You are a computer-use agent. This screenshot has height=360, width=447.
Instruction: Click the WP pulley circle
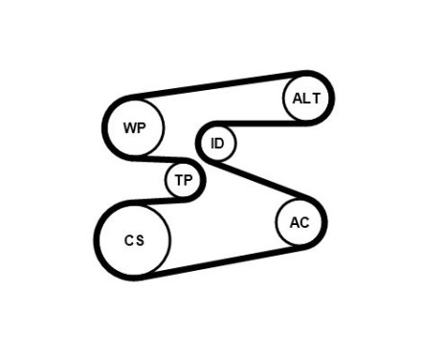(134, 126)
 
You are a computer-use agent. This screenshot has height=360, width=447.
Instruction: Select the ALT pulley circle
(307, 99)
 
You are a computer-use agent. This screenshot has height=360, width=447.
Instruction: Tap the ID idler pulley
(217, 144)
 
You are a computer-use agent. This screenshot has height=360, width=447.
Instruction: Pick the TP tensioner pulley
(183, 180)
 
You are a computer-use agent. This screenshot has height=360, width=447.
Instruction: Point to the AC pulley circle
(300, 223)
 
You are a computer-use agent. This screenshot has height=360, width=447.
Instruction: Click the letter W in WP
(129, 126)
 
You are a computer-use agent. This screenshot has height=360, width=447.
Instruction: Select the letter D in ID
(220, 144)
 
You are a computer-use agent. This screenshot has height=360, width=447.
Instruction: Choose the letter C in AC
(304, 223)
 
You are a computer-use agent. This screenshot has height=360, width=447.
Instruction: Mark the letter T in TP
(178, 180)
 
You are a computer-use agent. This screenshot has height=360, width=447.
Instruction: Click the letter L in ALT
(308, 99)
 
